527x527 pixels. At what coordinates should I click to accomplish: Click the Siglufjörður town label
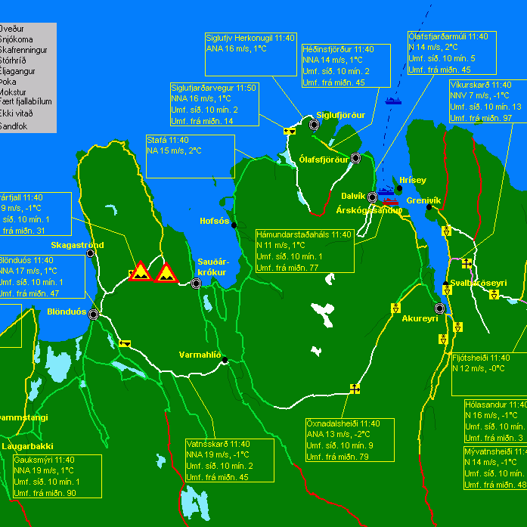tap(340, 115)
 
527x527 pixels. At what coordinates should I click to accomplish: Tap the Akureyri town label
tap(420, 319)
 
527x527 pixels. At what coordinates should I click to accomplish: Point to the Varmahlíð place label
tap(200, 355)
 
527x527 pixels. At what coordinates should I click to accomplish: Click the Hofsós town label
tap(214, 222)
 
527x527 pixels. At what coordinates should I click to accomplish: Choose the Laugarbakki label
tap(28, 446)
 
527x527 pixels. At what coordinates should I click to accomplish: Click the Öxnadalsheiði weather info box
tap(349, 439)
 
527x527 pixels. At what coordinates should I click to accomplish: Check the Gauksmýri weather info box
tap(57, 476)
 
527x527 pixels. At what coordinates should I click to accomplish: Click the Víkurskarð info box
tap(485, 101)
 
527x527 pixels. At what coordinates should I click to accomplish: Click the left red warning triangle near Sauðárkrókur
tap(141, 271)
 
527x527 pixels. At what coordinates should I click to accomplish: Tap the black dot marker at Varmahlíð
tap(225, 361)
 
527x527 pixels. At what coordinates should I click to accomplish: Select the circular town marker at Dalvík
tap(372, 197)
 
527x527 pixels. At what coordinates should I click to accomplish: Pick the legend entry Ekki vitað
tap(17, 113)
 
